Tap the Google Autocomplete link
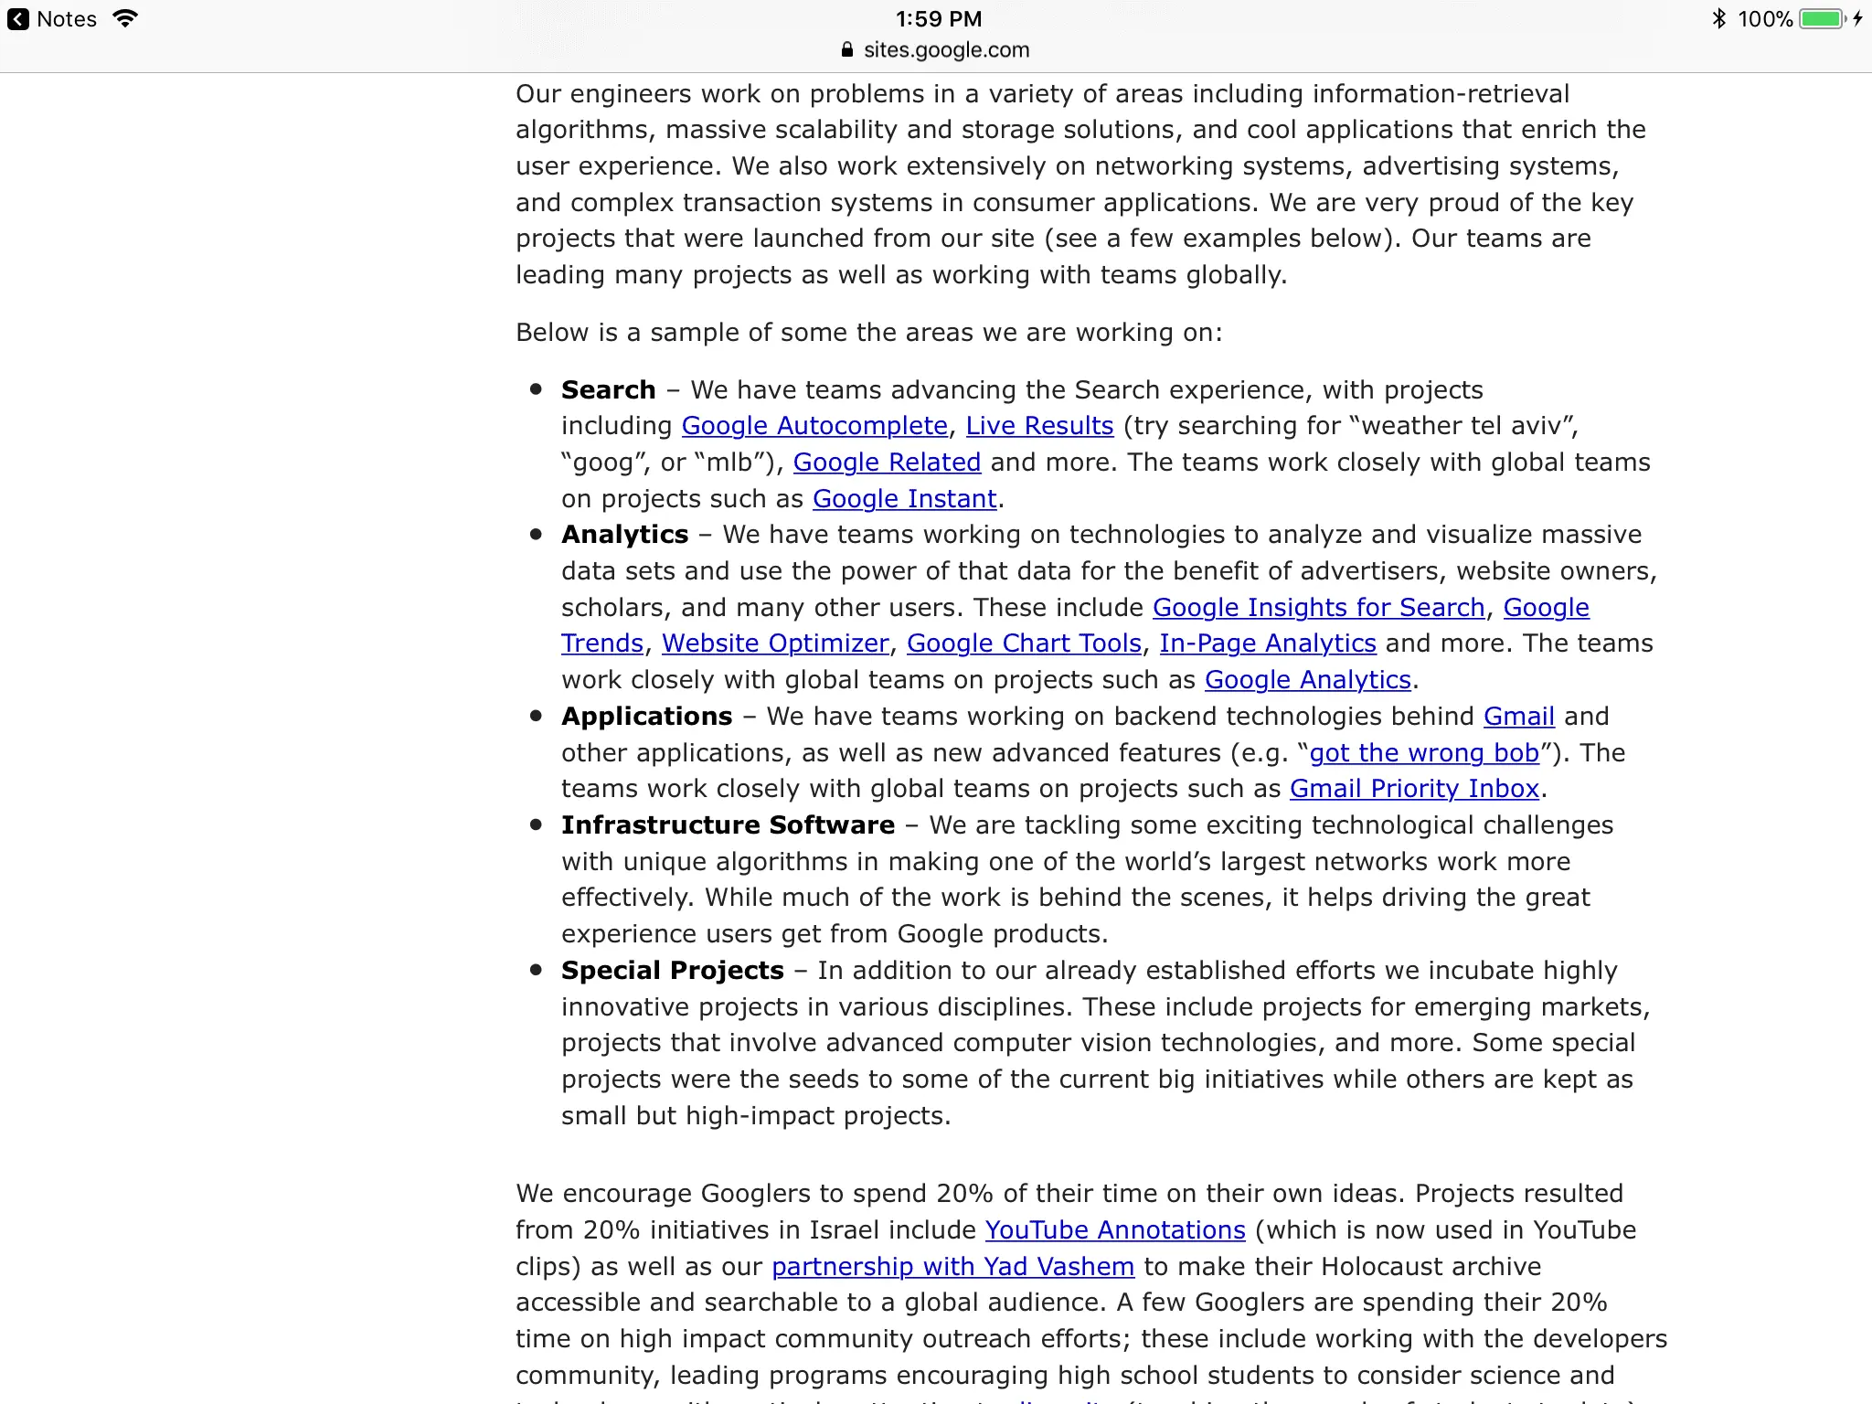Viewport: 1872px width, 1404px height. pyautogui.click(x=814, y=426)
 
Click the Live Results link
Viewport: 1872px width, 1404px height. pyautogui.click(x=1039, y=426)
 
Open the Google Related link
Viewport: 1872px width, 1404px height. pyautogui.click(x=887, y=463)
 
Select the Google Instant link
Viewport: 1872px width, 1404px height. pyautogui.click(x=904, y=499)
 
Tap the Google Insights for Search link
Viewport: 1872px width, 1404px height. pyautogui.click(x=1318, y=608)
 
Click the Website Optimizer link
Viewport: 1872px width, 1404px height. pyautogui.click(x=775, y=643)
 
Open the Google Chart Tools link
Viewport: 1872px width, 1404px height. pyautogui.click(x=1024, y=643)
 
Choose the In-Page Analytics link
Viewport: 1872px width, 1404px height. pyautogui.click(x=1268, y=643)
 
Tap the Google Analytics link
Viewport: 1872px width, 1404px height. pyautogui.click(x=1308, y=680)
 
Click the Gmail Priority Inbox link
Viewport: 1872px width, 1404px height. pyautogui.click(x=1414, y=789)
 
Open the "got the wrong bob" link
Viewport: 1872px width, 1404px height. pyautogui.click(x=1424, y=753)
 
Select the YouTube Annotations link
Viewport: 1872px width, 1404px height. pyautogui.click(x=1115, y=1230)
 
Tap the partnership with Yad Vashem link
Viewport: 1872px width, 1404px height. pyautogui.click(x=952, y=1267)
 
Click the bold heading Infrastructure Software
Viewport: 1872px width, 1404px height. pyautogui.click(x=728, y=825)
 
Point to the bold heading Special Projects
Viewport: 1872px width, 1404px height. pyautogui.click(x=672, y=971)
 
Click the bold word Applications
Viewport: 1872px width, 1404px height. pyautogui.click(x=646, y=717)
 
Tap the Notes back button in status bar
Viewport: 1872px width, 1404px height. pyautogui.click(x=51, y=19)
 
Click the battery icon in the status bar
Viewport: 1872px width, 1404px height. pyautogui.click(x=1822, y=19)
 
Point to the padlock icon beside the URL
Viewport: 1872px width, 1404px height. pyautogui.click(x=847, y=50)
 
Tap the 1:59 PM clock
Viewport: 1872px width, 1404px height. pyautogui.click(x=938, y=19)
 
